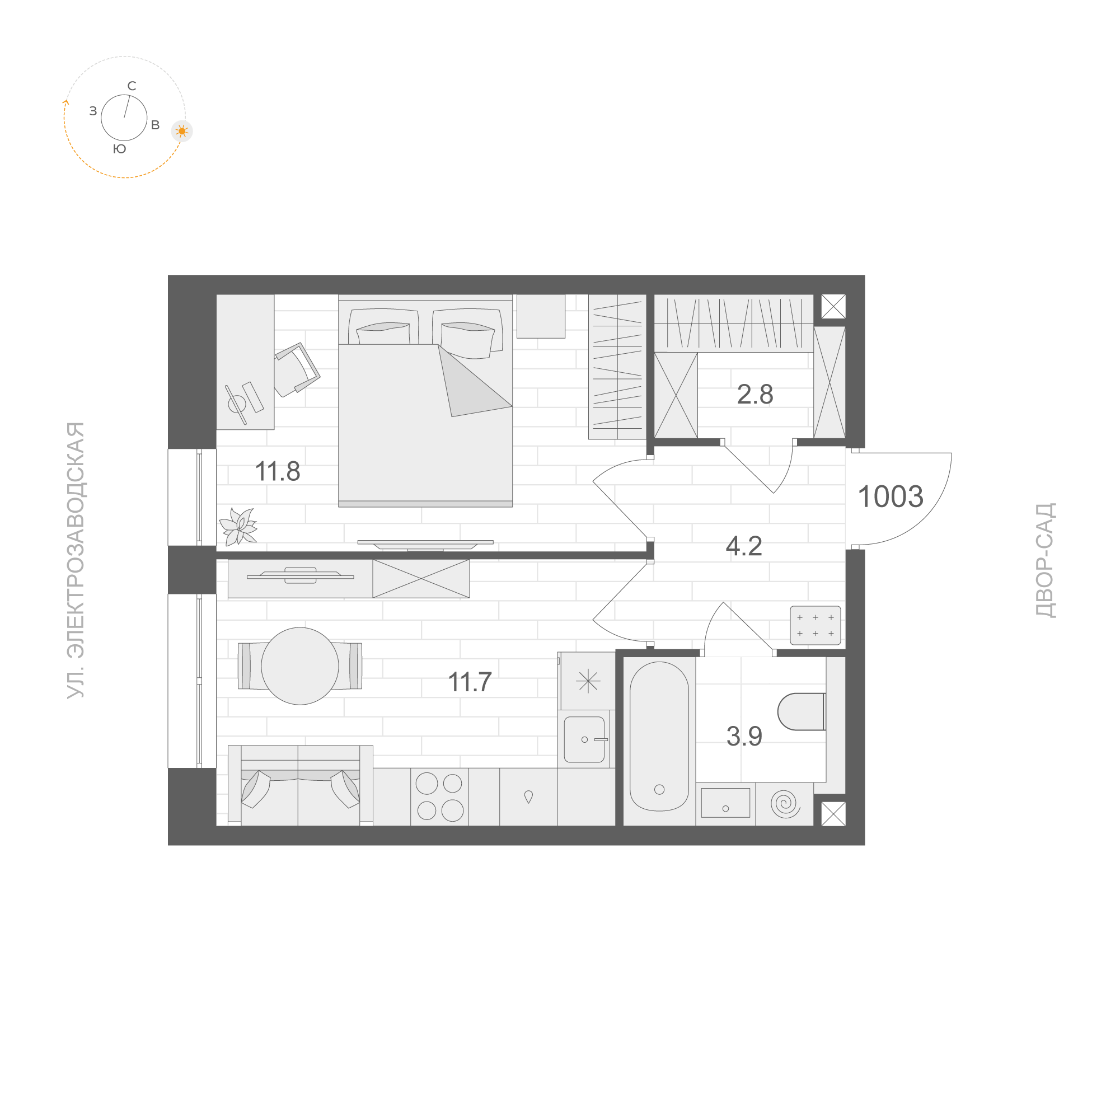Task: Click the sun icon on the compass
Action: [182, 131]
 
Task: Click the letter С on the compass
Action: [132, 86]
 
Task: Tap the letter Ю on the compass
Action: [119, 149]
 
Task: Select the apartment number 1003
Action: [890, 497]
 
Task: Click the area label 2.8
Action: [755, 395]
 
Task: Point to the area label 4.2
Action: [744, 547]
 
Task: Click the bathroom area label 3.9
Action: [744, 736]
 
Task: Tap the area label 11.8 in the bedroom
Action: [278, 472]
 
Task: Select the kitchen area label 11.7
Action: [470, 682]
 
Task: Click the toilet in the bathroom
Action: [801, 711]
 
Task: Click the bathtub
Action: [659, 736]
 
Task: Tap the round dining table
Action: [299, 666]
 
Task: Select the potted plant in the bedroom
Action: [238, 526]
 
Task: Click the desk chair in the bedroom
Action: [296, 370]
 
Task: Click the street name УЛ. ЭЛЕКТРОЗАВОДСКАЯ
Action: [76, 560]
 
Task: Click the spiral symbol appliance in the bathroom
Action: [785, 804]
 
